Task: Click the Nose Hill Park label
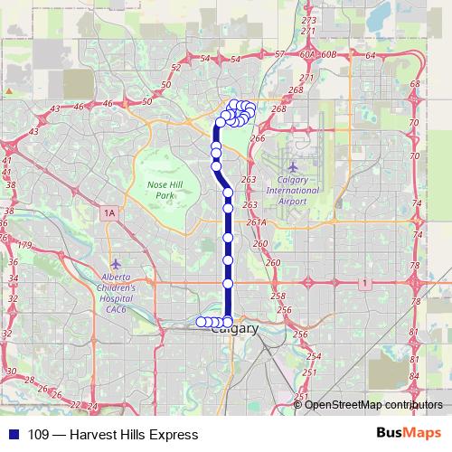164,189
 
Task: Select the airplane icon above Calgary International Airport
291,167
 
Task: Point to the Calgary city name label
233,329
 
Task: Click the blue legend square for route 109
14,434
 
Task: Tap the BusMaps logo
408,434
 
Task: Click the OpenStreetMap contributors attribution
373,404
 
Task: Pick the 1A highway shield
110,212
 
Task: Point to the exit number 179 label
25,245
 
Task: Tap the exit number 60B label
329,54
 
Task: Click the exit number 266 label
258,138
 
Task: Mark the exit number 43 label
55,108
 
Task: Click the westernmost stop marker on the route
201,322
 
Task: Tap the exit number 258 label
278,297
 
